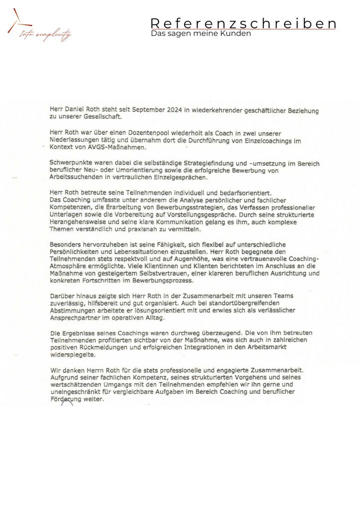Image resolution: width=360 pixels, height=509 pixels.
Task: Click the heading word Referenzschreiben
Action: click(243, 23)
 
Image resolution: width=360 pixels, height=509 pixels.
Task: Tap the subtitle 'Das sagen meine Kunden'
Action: click(201, 33)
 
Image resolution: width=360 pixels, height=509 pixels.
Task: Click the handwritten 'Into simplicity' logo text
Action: click(45, 35)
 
